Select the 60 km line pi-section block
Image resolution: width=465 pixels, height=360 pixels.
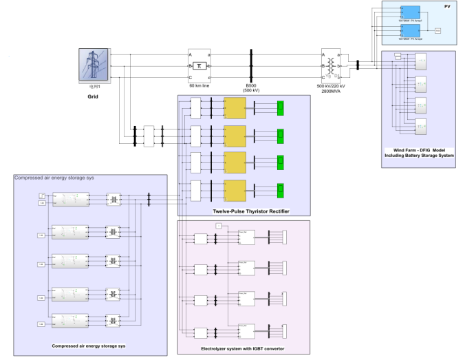click(199, 65)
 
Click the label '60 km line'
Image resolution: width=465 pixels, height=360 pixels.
click(199, 85)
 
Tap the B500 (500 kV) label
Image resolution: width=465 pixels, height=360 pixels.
click(250, 87)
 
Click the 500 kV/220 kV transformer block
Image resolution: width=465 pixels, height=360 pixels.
click(335, 65)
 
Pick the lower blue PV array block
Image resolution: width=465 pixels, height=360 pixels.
click(411, 32)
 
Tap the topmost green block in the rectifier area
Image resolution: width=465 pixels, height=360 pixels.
click(281, 107)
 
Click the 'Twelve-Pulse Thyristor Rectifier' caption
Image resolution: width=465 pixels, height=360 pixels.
click(246, 210)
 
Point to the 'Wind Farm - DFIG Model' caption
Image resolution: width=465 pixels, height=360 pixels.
click(419, 151)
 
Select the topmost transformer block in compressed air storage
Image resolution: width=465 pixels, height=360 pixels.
click(113, 199)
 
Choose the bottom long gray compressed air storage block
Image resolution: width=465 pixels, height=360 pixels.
click(72, 321)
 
